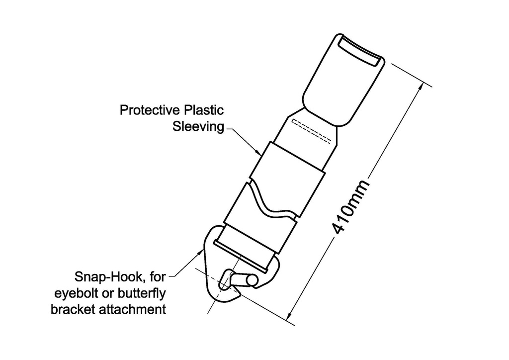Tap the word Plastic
point(204,110)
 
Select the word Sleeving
point(198,127)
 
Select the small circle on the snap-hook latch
point(252,280)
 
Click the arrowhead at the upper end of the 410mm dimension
point(423,86)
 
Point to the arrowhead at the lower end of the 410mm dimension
point(291,313)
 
